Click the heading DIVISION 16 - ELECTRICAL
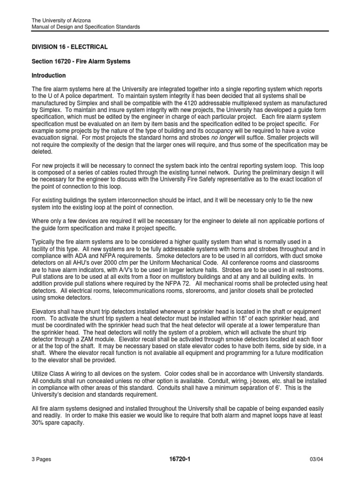69,47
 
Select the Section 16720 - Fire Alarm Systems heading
81,61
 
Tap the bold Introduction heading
49,75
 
